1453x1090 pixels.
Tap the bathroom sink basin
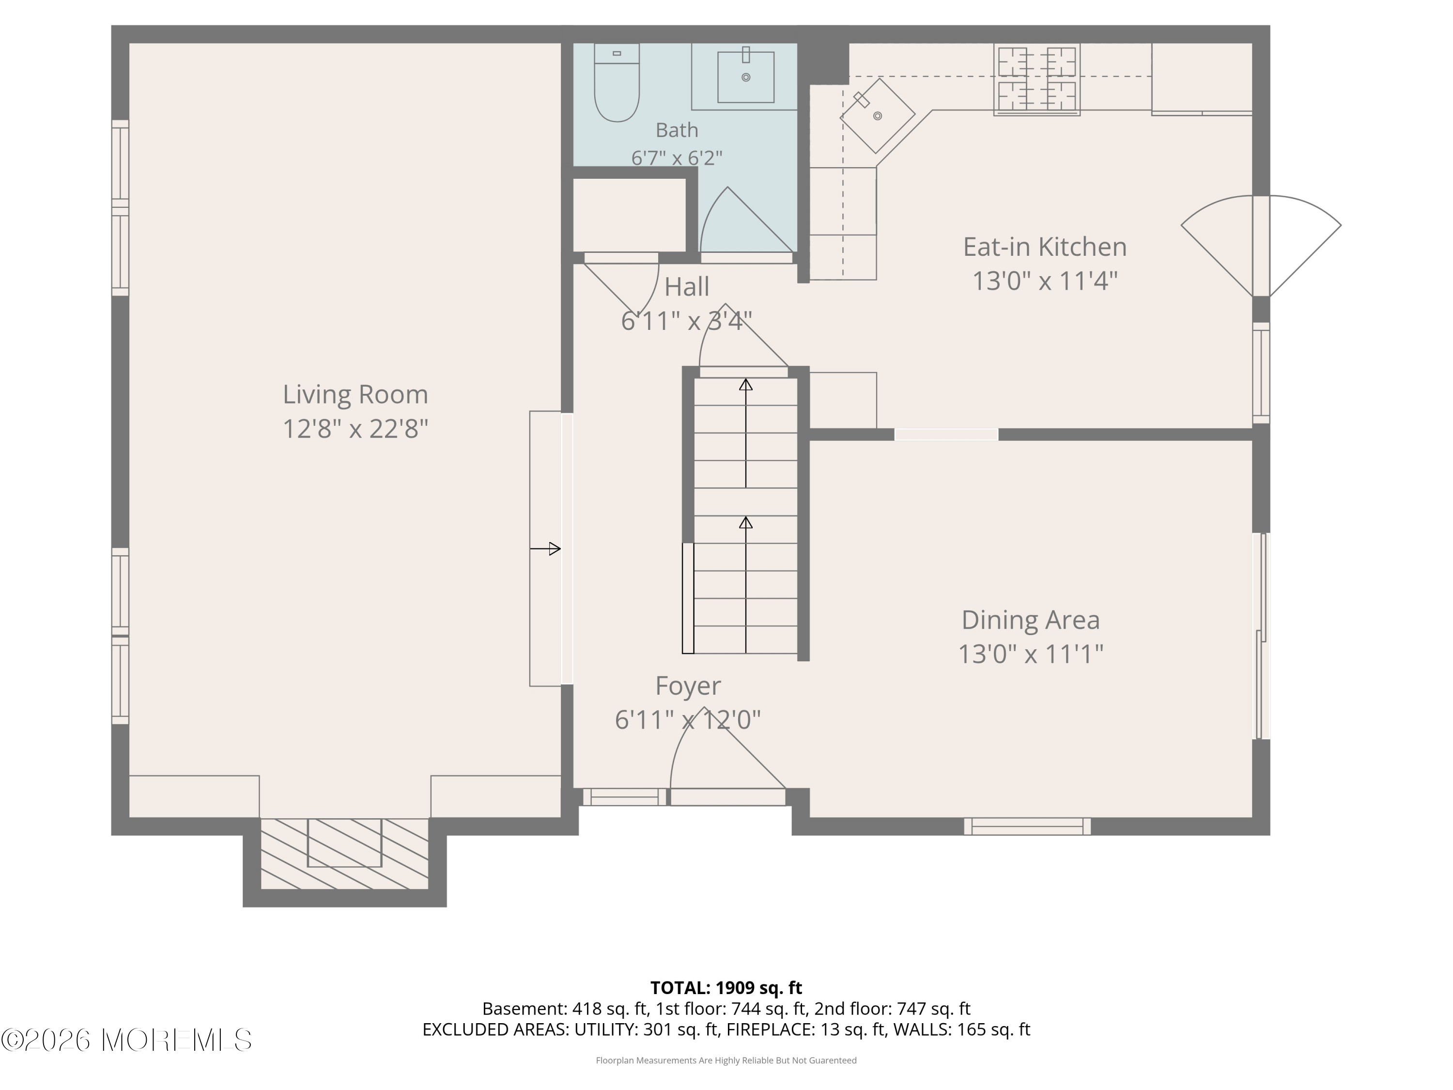point(745,77)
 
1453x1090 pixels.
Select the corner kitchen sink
point(878,116)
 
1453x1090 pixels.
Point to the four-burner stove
point(1036,79)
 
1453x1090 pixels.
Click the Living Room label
point(356,394)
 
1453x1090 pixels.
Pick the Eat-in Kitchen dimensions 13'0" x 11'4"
point(1044,281)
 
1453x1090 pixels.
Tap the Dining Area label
point(1030,620)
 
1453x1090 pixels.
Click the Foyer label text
point(688,686)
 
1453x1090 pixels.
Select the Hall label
point(686,286)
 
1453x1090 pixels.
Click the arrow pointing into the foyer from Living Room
point(545,548)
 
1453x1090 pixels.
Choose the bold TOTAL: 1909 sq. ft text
point(726,987)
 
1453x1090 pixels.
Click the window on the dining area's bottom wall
point(1027,826)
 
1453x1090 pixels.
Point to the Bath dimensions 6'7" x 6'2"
point(677,157)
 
